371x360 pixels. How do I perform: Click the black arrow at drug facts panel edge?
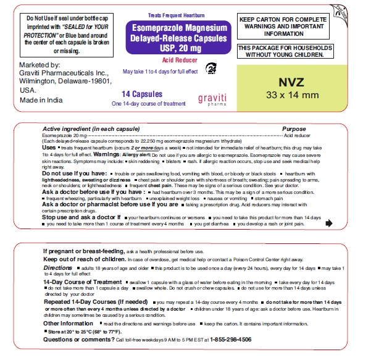click(328, 223)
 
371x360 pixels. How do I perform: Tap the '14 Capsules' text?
click(142, 94)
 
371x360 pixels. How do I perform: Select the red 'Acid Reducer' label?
click(175, 61)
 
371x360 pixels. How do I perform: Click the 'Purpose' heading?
click(294, 128)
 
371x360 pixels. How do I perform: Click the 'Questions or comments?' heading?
click(78, 339)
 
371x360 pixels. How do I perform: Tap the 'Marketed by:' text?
click(40, 65)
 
